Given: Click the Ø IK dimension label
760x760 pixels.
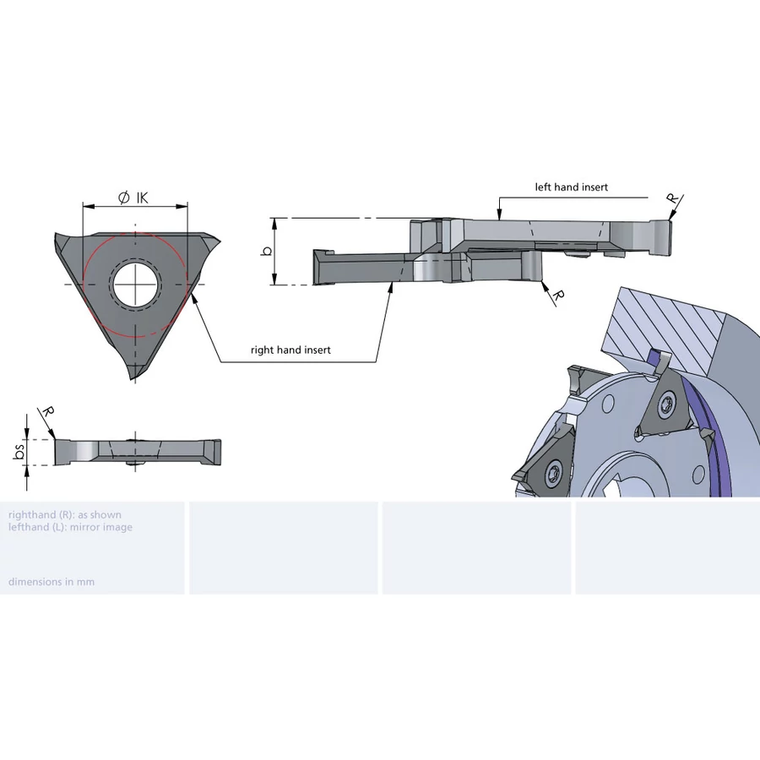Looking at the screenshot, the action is (133, 198).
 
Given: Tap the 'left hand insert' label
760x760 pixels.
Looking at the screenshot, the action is (571, 187).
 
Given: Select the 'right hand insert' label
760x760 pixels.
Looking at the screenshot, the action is (290, 350).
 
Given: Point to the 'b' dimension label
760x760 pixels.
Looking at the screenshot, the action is (267, 251).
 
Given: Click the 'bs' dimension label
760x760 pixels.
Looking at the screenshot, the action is (19, 453).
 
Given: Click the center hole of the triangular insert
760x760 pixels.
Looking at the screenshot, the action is (135, 285).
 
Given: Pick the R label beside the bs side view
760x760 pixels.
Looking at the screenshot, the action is (47, 412).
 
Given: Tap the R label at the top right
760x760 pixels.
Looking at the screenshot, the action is (672, 198).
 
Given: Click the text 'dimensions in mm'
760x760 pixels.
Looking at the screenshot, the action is (52, 582).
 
